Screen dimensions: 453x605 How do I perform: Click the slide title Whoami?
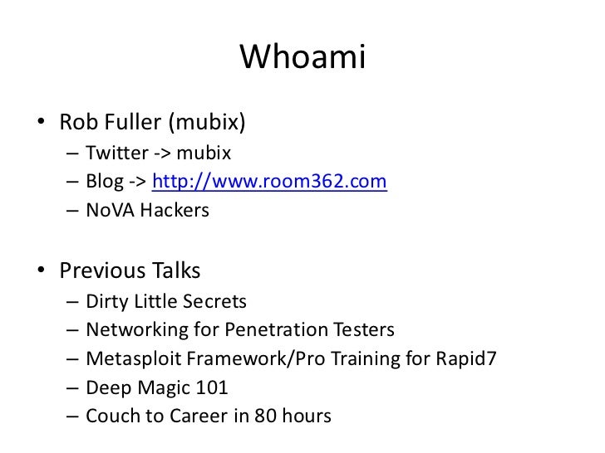point(302,58)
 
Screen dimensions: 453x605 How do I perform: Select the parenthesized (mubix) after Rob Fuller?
point(207,124)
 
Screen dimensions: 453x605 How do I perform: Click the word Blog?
point(104,182)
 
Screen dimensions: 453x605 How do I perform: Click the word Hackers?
point(175,210)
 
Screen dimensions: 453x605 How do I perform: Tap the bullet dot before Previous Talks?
point(41,272)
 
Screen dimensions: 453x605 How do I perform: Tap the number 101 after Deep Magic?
point(211,387)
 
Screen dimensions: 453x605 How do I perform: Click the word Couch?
point(111,415)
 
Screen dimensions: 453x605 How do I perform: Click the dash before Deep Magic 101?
point(71,387)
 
